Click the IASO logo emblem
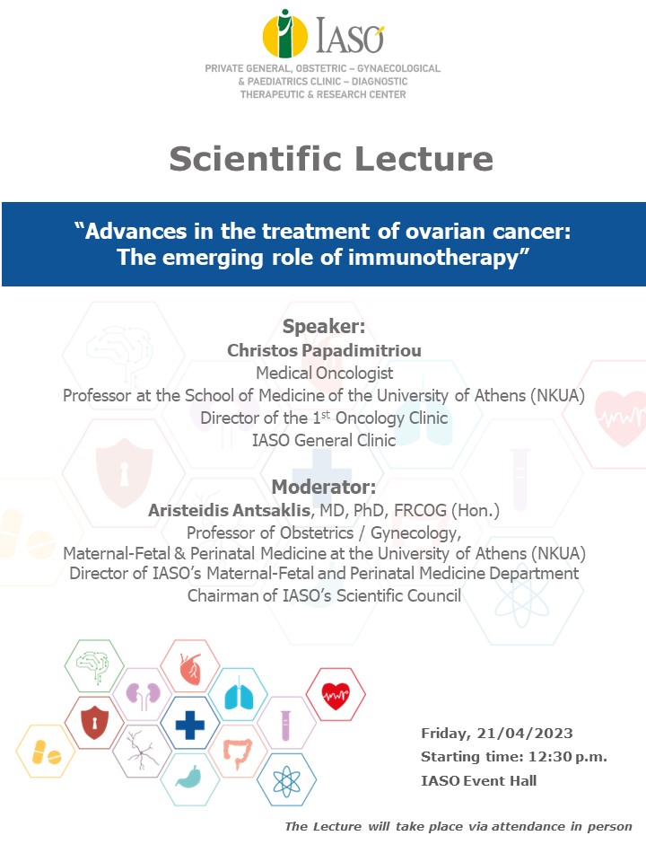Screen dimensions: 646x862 [284, 34]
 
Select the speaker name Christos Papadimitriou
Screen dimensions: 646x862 [324, 350]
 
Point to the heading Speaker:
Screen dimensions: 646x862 [324, 326]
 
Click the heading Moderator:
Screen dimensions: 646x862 [324, 487]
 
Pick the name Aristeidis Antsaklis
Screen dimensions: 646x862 [229, 510]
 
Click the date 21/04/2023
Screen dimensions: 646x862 [525, 733]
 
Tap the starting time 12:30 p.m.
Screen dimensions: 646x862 [567, 757]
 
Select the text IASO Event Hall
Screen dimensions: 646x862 [478, 780]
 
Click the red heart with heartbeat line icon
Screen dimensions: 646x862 [336, 695]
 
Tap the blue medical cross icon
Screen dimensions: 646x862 [190, 725]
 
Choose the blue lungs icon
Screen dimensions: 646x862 [239, 695]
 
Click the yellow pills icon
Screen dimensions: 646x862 [46, 752]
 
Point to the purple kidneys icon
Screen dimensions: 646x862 [143, 694]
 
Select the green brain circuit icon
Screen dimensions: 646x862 [93, 666]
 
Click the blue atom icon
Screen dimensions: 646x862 [287, 780]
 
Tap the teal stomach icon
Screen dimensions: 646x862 [189, 777]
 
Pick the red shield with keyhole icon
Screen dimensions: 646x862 [94, 724]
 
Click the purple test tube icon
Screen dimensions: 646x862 [285, 725]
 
